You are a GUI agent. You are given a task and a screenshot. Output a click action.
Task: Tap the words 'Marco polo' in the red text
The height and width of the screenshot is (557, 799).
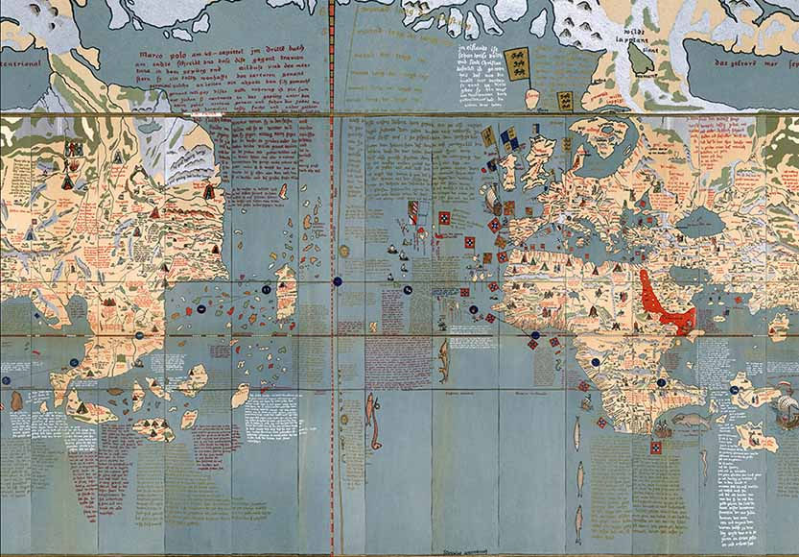point(163,56)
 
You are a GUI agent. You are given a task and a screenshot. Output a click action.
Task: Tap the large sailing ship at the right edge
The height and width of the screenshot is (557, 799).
point(785,408)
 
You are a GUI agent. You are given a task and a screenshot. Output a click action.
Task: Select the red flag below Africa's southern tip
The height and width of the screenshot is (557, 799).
point(656,448)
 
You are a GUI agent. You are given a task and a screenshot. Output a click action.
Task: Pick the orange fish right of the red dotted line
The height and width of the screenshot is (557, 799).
point(371,410)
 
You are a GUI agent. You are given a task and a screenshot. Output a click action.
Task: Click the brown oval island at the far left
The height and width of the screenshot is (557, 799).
point(16,400)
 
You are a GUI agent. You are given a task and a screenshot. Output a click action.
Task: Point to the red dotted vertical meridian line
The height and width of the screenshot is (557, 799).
point(333,288)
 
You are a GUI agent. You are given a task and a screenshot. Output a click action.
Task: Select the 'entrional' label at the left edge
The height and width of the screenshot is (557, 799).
point(21,65)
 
